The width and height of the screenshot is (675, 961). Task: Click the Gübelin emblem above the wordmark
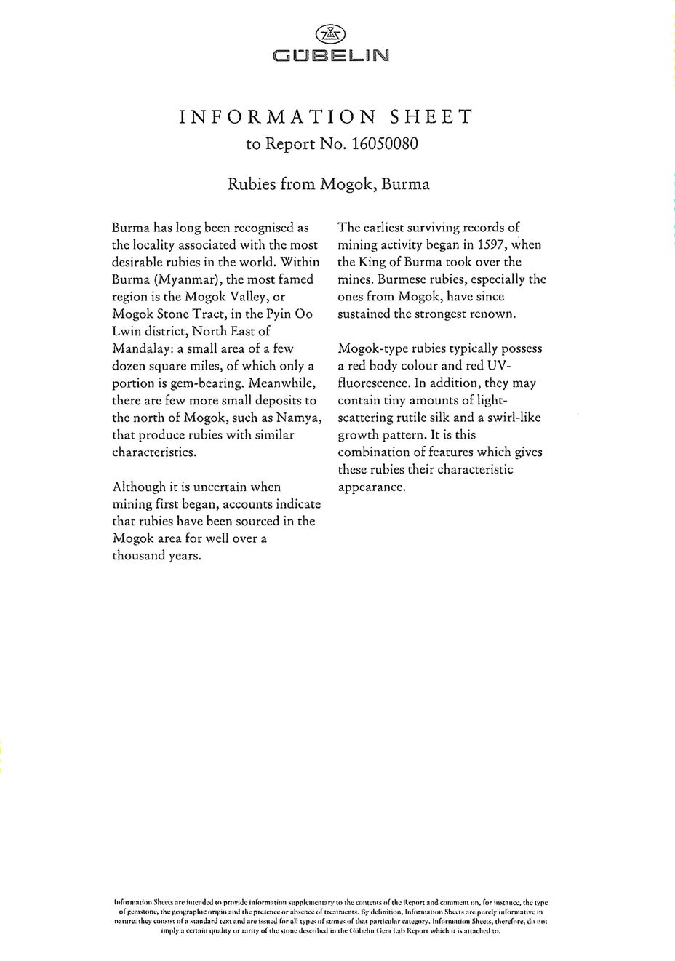[x=330, y=33]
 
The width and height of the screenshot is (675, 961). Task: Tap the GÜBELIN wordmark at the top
[x=330, y=55]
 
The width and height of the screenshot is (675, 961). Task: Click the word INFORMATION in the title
[x=277, y=116]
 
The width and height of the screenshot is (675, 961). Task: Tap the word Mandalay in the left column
[x=141, y=348]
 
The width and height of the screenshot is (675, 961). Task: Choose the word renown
[x=491, y=314]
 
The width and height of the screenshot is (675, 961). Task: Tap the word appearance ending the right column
[x=371, y=487]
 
